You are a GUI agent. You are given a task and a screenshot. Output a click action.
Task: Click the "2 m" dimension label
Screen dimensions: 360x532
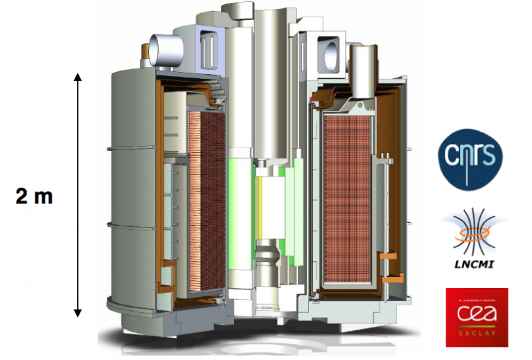35,197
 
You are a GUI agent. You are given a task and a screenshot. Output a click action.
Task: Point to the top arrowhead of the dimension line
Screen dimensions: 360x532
78,75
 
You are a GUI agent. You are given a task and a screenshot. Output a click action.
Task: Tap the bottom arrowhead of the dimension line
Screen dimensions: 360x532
78,314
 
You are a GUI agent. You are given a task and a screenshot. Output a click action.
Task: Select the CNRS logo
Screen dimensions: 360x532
470,161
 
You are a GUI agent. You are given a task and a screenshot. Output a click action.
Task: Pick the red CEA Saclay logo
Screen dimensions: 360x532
476,316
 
